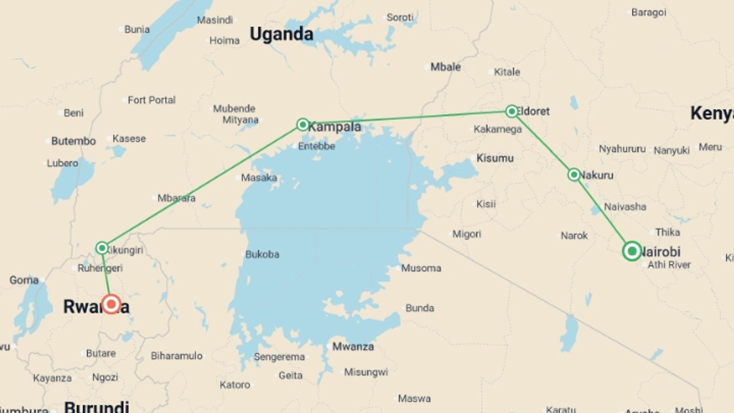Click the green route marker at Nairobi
pos(632,251)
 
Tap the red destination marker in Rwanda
pos(111,304)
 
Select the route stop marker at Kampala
pos(303,124)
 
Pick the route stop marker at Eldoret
pos(512,111)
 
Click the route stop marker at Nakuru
pos(574,175)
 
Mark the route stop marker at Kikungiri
pos(102,248)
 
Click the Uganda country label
pos(281,34)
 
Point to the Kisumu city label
pos(495,158)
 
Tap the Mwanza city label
pos(353,347)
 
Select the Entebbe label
pos(317,146)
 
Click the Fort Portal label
pos(151,100)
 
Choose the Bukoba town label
pos(262,254)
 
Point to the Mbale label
pos(445,67)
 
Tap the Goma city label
pos(24,280)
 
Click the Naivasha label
pos(625,207)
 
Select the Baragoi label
pos(649,13)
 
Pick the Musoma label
pos(421,268)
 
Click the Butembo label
pos(73,141)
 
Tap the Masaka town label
pos(259,178)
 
